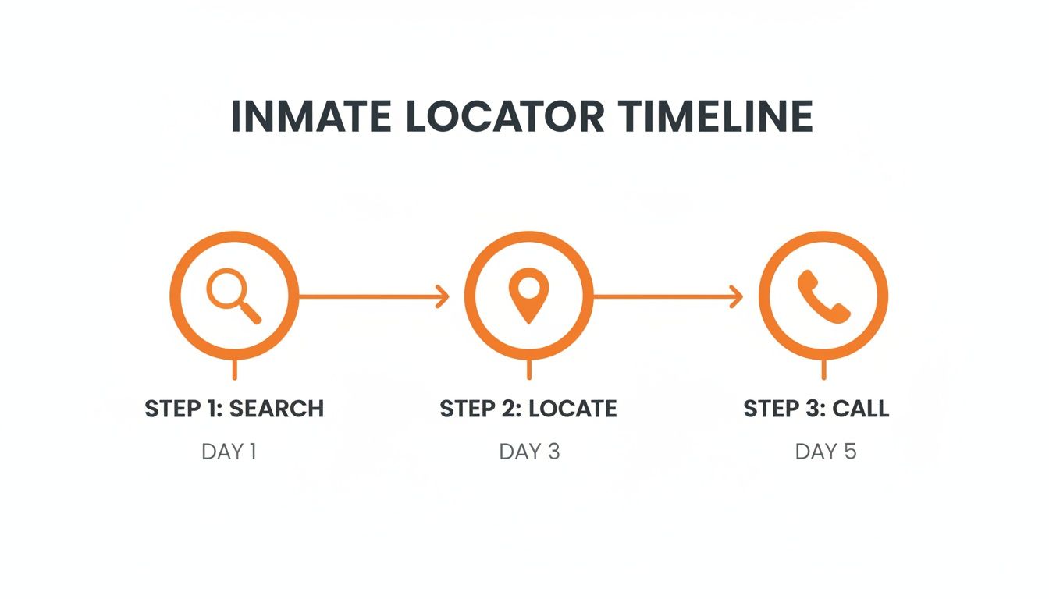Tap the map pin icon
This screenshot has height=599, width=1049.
click(528, 294)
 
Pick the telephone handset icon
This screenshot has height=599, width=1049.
click(823, 296)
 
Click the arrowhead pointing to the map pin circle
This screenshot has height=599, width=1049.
click(443, 296)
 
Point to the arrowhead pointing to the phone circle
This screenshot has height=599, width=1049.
click(736, 296)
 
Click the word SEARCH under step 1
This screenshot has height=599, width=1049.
click(276, 409)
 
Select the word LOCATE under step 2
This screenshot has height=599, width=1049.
click(572, 409)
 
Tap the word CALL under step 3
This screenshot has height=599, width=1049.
click(860, 409)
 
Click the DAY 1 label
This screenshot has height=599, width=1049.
click(229, 452)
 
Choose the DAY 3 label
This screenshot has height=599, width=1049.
click(529, 452)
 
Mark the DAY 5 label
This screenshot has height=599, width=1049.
click(826, 452)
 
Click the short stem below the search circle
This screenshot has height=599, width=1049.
click(235, 370)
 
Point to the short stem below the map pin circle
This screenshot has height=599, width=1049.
click(529, 370)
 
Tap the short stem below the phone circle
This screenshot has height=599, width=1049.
click(823, 370)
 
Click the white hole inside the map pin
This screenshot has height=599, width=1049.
click(528, 288)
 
